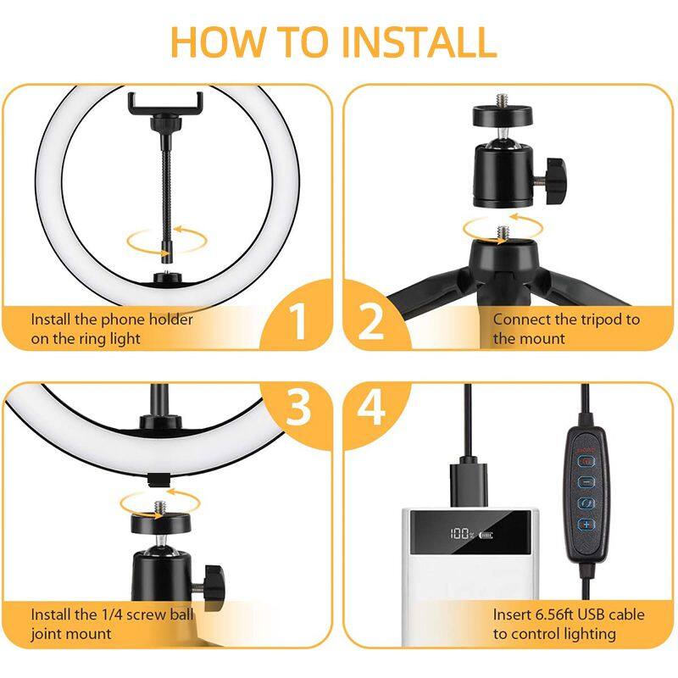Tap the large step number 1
298,321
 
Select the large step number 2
370,321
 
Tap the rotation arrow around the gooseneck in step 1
166,241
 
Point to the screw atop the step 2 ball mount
502,101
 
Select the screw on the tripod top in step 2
502,233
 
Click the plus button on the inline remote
586,525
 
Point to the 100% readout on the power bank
461,534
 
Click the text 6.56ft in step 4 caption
554,614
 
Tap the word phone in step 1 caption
125,320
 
